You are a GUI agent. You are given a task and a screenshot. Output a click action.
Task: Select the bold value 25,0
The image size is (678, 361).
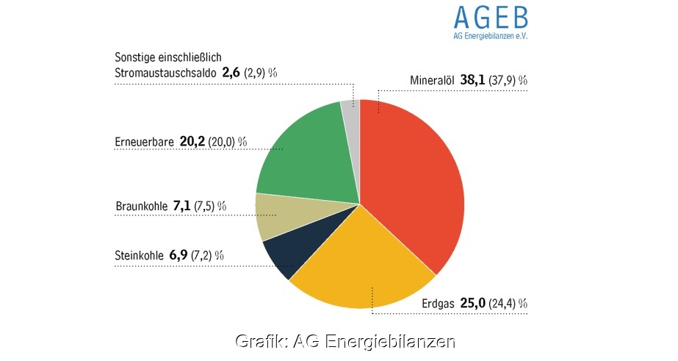(474, 303)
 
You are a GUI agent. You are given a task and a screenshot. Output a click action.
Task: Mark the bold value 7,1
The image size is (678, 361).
(181, 207)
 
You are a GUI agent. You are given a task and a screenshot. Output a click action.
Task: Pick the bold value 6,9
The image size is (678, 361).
(178, 255)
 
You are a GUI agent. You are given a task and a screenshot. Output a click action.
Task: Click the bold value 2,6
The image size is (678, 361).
(231, 72)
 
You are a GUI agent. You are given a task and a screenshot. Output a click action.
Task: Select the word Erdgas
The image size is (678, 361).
(439, 304)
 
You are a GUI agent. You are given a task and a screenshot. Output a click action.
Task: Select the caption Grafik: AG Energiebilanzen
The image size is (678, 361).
(345, 342)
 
